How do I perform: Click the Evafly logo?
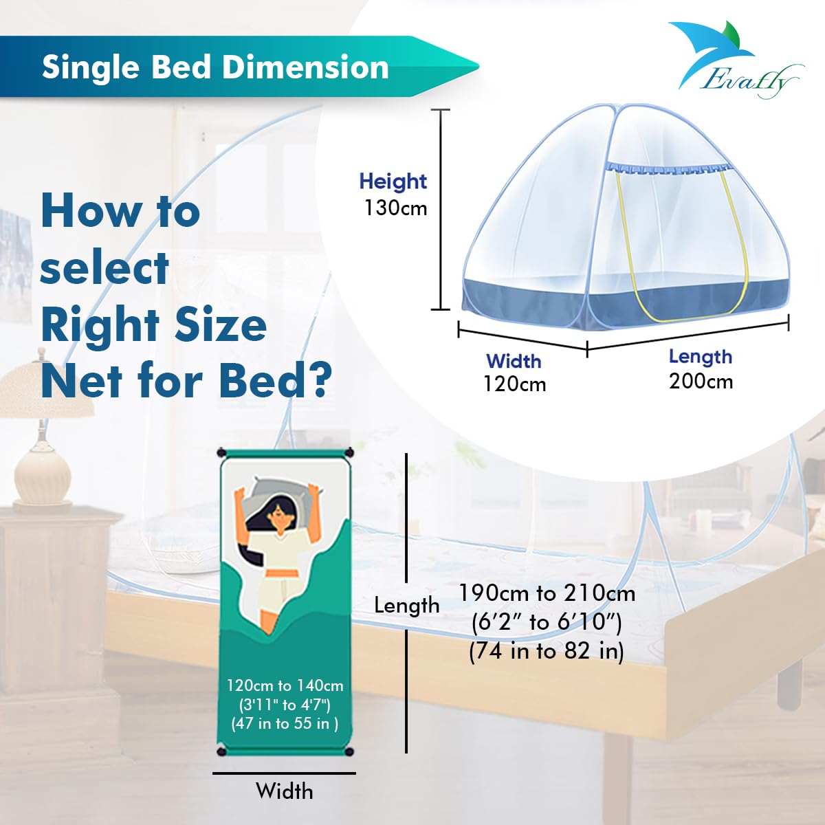(736, 62)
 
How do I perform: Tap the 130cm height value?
(395, 208)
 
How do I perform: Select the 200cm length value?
(701, 381)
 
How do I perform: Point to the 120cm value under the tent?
(514, 384)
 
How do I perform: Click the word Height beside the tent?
(393, 181)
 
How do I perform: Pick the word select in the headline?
(104, 267)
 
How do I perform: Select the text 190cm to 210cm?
(547, 593)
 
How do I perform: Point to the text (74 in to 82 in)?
(547, 650)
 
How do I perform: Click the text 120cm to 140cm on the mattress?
(285, 685)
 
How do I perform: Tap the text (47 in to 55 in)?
(285, 723)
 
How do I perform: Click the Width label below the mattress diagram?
(284, 791)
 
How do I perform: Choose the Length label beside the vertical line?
(406, 605)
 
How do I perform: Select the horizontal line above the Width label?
(284, 773)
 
